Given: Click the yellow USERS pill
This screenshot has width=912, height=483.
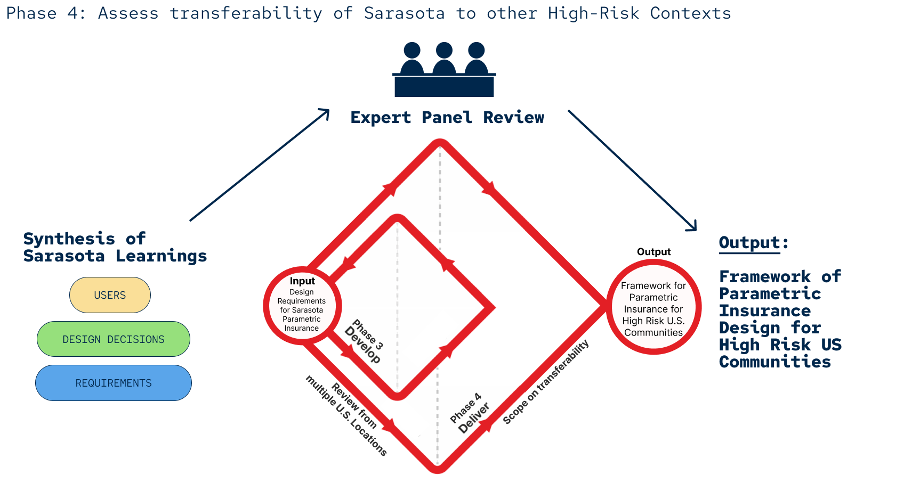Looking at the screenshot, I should [110, 295].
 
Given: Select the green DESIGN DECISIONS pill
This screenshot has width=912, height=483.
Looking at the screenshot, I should [113, 339].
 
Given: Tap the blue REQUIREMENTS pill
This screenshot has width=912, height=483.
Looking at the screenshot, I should [113, 383].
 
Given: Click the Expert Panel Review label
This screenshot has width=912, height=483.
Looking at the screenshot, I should [447, 118].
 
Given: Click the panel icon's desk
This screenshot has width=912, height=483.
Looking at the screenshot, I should [444, 86].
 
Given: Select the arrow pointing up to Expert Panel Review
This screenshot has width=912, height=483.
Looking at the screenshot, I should [259, 165].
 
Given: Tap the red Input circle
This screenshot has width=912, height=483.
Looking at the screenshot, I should [302, 305].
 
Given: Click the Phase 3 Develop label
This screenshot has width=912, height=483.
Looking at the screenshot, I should [365, 342].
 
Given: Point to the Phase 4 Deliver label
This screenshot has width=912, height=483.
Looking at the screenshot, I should [469, 414].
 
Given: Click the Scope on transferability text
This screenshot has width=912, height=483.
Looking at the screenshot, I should [546, 382].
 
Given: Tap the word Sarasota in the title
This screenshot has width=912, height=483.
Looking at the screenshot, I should [404, 13].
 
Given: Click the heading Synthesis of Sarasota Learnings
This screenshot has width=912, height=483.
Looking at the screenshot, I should [115, 247].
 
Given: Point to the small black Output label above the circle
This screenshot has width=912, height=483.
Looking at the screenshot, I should [653, 252].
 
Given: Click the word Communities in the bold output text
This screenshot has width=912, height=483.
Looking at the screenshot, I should [774, 362].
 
